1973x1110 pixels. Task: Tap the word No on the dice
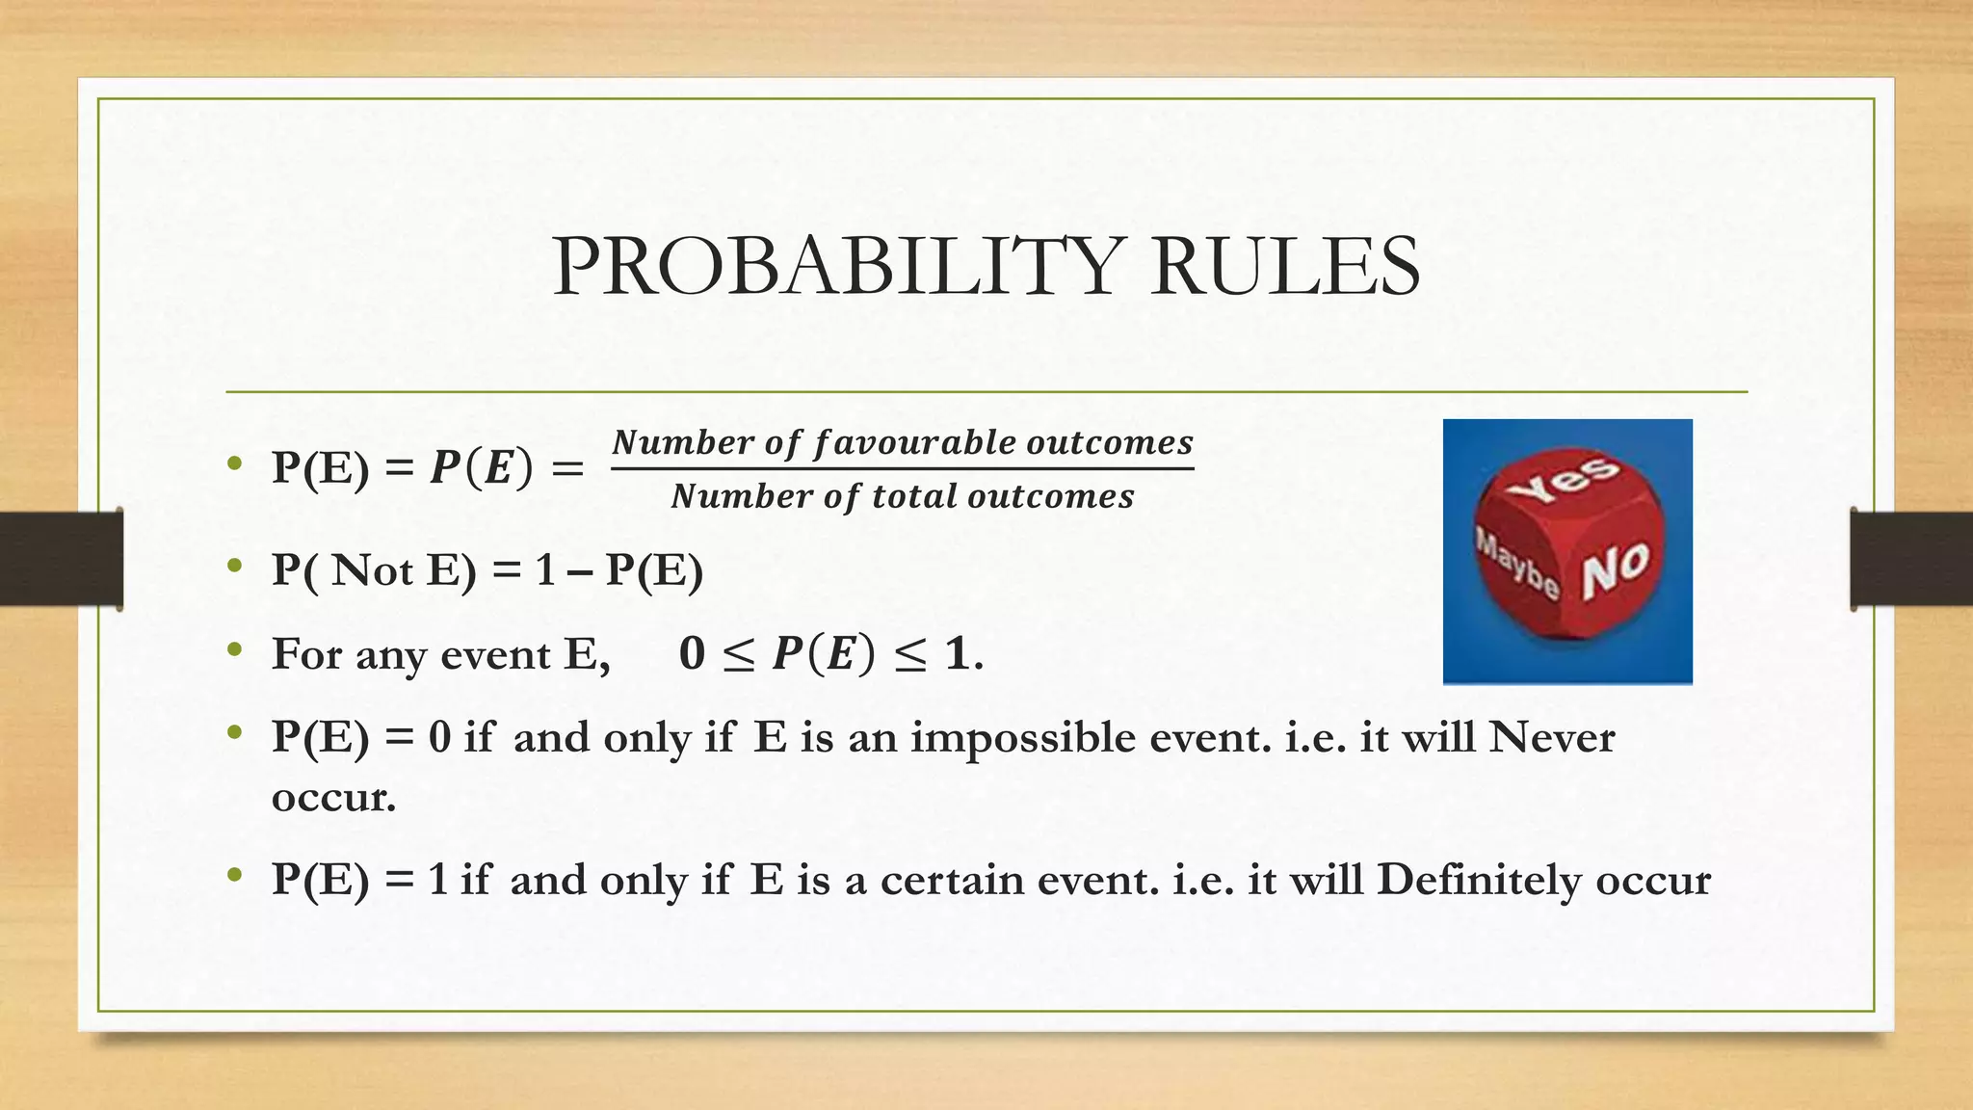(x=1616, y=569)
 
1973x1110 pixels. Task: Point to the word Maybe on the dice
(x=1516, y=562)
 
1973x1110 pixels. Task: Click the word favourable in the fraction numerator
(x=914, y=442)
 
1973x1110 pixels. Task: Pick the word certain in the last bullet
(x=952, y=880)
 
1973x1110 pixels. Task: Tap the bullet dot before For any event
(x=234, y=650)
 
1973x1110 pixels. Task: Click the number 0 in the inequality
(x=692, y=654)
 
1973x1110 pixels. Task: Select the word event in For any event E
(x=495, y=655)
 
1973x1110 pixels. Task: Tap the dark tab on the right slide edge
(x=1911, y=559)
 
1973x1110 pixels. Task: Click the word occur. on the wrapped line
(x=333, y=798)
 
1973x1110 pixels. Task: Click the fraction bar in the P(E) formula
(x=902, y=469)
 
